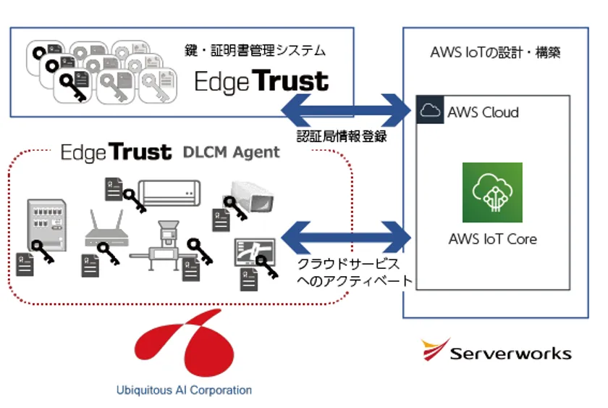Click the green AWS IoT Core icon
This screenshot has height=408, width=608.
[492, 192]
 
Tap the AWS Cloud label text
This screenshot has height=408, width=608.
[483, 112]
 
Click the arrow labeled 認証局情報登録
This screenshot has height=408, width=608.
[345, 110]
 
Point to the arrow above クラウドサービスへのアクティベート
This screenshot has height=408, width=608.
[345, 236]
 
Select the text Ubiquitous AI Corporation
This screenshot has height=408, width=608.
[184, 390]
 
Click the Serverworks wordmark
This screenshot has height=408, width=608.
[510, 354]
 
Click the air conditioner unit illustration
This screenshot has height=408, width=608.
[169, 191]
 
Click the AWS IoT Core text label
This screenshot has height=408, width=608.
[492, 239]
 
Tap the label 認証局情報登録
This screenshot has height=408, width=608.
[342, 136]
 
